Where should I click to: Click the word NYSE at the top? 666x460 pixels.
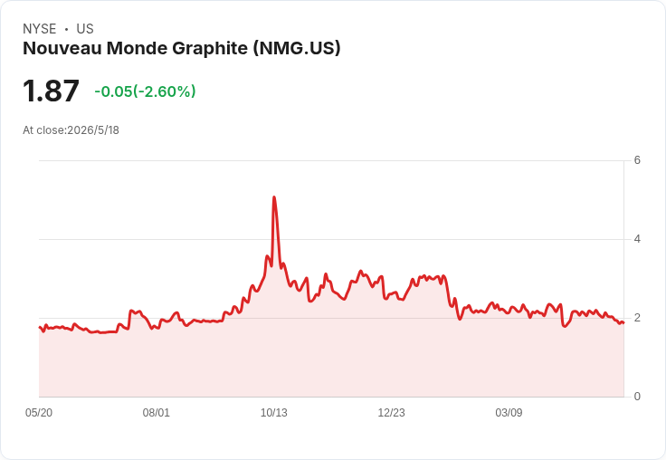tap(40, 29)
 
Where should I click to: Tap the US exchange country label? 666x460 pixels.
tap(85, 29)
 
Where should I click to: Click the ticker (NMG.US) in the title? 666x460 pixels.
tap(297, 48)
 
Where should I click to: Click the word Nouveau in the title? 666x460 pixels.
tap(62, 48)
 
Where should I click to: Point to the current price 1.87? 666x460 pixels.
tap(51, 91)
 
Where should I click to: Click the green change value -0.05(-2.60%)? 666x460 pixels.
tap(145, 91)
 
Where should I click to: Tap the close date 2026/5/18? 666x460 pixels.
tap(93, 130)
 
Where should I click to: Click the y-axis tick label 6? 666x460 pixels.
tap(637, 160)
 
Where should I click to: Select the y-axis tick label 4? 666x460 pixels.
tap(637, 239)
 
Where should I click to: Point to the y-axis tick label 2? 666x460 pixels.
tap(637, 318)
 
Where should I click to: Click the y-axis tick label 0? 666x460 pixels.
tap(637, 397)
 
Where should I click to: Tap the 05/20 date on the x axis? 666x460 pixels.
tap(39, 412)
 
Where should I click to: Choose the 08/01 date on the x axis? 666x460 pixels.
tap(157, 412)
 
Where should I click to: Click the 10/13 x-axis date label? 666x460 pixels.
tap(274, 412)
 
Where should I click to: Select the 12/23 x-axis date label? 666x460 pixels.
tap(391, 412)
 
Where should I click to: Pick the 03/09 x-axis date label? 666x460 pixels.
tap(509, 412)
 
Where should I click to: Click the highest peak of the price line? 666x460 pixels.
tap(274, 196)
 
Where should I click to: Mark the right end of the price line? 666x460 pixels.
tap(623, 322)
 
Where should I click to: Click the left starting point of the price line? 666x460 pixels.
tap(39, 327)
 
